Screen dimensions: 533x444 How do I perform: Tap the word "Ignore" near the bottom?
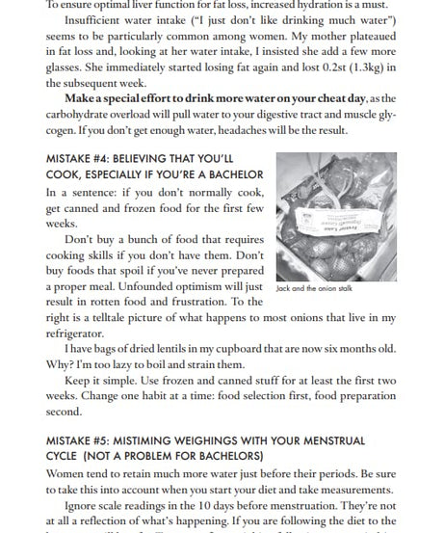84,507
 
